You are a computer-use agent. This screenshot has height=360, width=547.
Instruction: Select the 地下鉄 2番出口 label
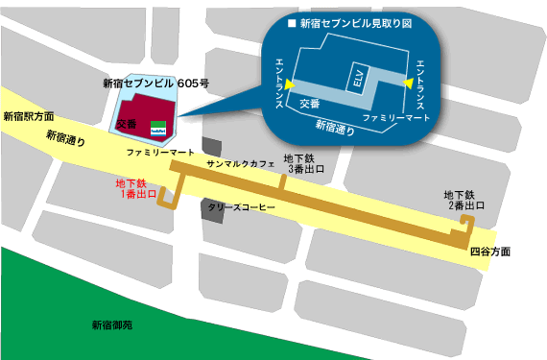coord(466,200)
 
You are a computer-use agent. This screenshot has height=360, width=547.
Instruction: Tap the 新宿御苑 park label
coord(112,325)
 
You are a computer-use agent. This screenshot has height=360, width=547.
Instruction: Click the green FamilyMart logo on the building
coord(159,126)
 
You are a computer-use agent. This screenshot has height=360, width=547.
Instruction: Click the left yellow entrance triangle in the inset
coord(289,86)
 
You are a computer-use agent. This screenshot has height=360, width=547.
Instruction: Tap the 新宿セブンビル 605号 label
coord(155,84)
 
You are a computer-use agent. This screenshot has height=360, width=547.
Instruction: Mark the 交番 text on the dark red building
coord(126,125)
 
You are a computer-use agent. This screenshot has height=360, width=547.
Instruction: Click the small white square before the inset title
coord(293,21)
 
